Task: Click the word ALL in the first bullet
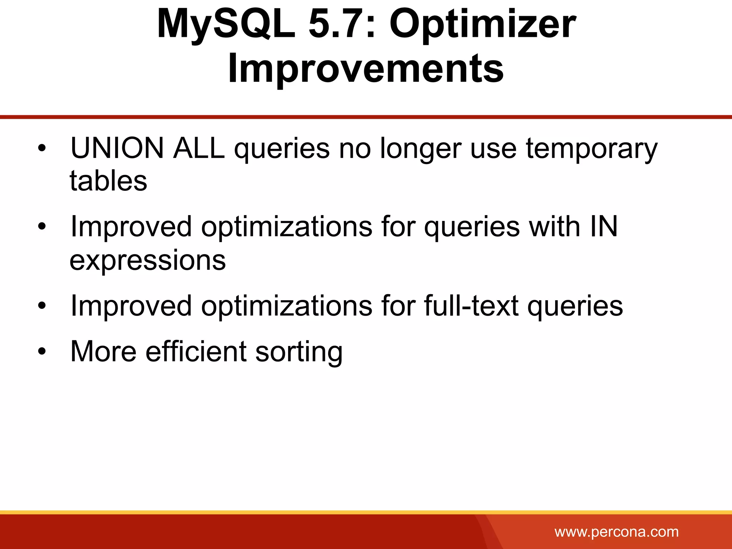[x=199, y=148]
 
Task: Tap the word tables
[x=108, y=181]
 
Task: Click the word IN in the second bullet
[x=604, y=227]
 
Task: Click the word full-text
[x=471, y=306]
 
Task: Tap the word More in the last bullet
[x=103, y=352]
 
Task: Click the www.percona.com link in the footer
[x=616, y=532]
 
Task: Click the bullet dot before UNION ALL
[x=42, y=148]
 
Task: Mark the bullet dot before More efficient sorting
[x=42, y=351]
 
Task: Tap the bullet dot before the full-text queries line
[x=42, y=306]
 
